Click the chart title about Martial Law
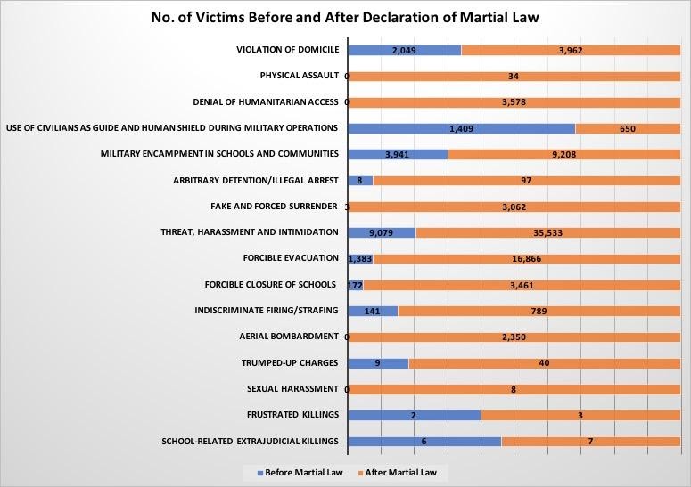(x=345, y=16)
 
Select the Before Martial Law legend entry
(x=294, y=472)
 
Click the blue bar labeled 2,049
(x=404, y=50)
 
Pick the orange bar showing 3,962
(x=571, y=50)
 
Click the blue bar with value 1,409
(x=460, y=128)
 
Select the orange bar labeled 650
(x=628, y=128)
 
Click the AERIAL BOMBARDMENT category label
(x=289, y=337)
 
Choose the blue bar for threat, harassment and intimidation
(x=381, y=232)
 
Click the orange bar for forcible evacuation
(x=526, y=258)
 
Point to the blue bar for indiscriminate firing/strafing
(x=372, y=311)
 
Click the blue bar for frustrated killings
(x=413, y=415)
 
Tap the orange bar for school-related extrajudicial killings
(x=590, y=442)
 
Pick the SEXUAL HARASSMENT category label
(x=292, y=389)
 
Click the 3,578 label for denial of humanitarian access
(x=514, y=102)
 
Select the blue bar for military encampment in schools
(x=397, y=155)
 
